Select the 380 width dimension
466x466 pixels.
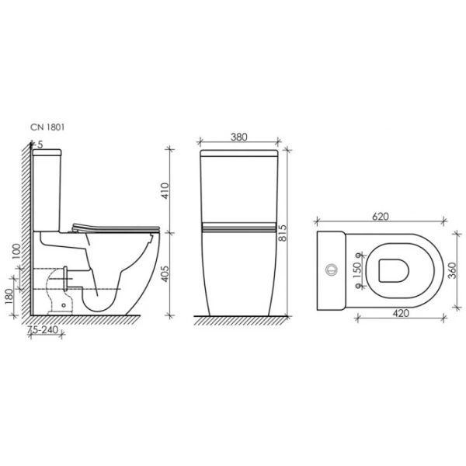(239, 137)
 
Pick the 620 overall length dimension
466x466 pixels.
(380, 217)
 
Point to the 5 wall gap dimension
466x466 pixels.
(39, 144)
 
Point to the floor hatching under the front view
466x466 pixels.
(238, 318)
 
